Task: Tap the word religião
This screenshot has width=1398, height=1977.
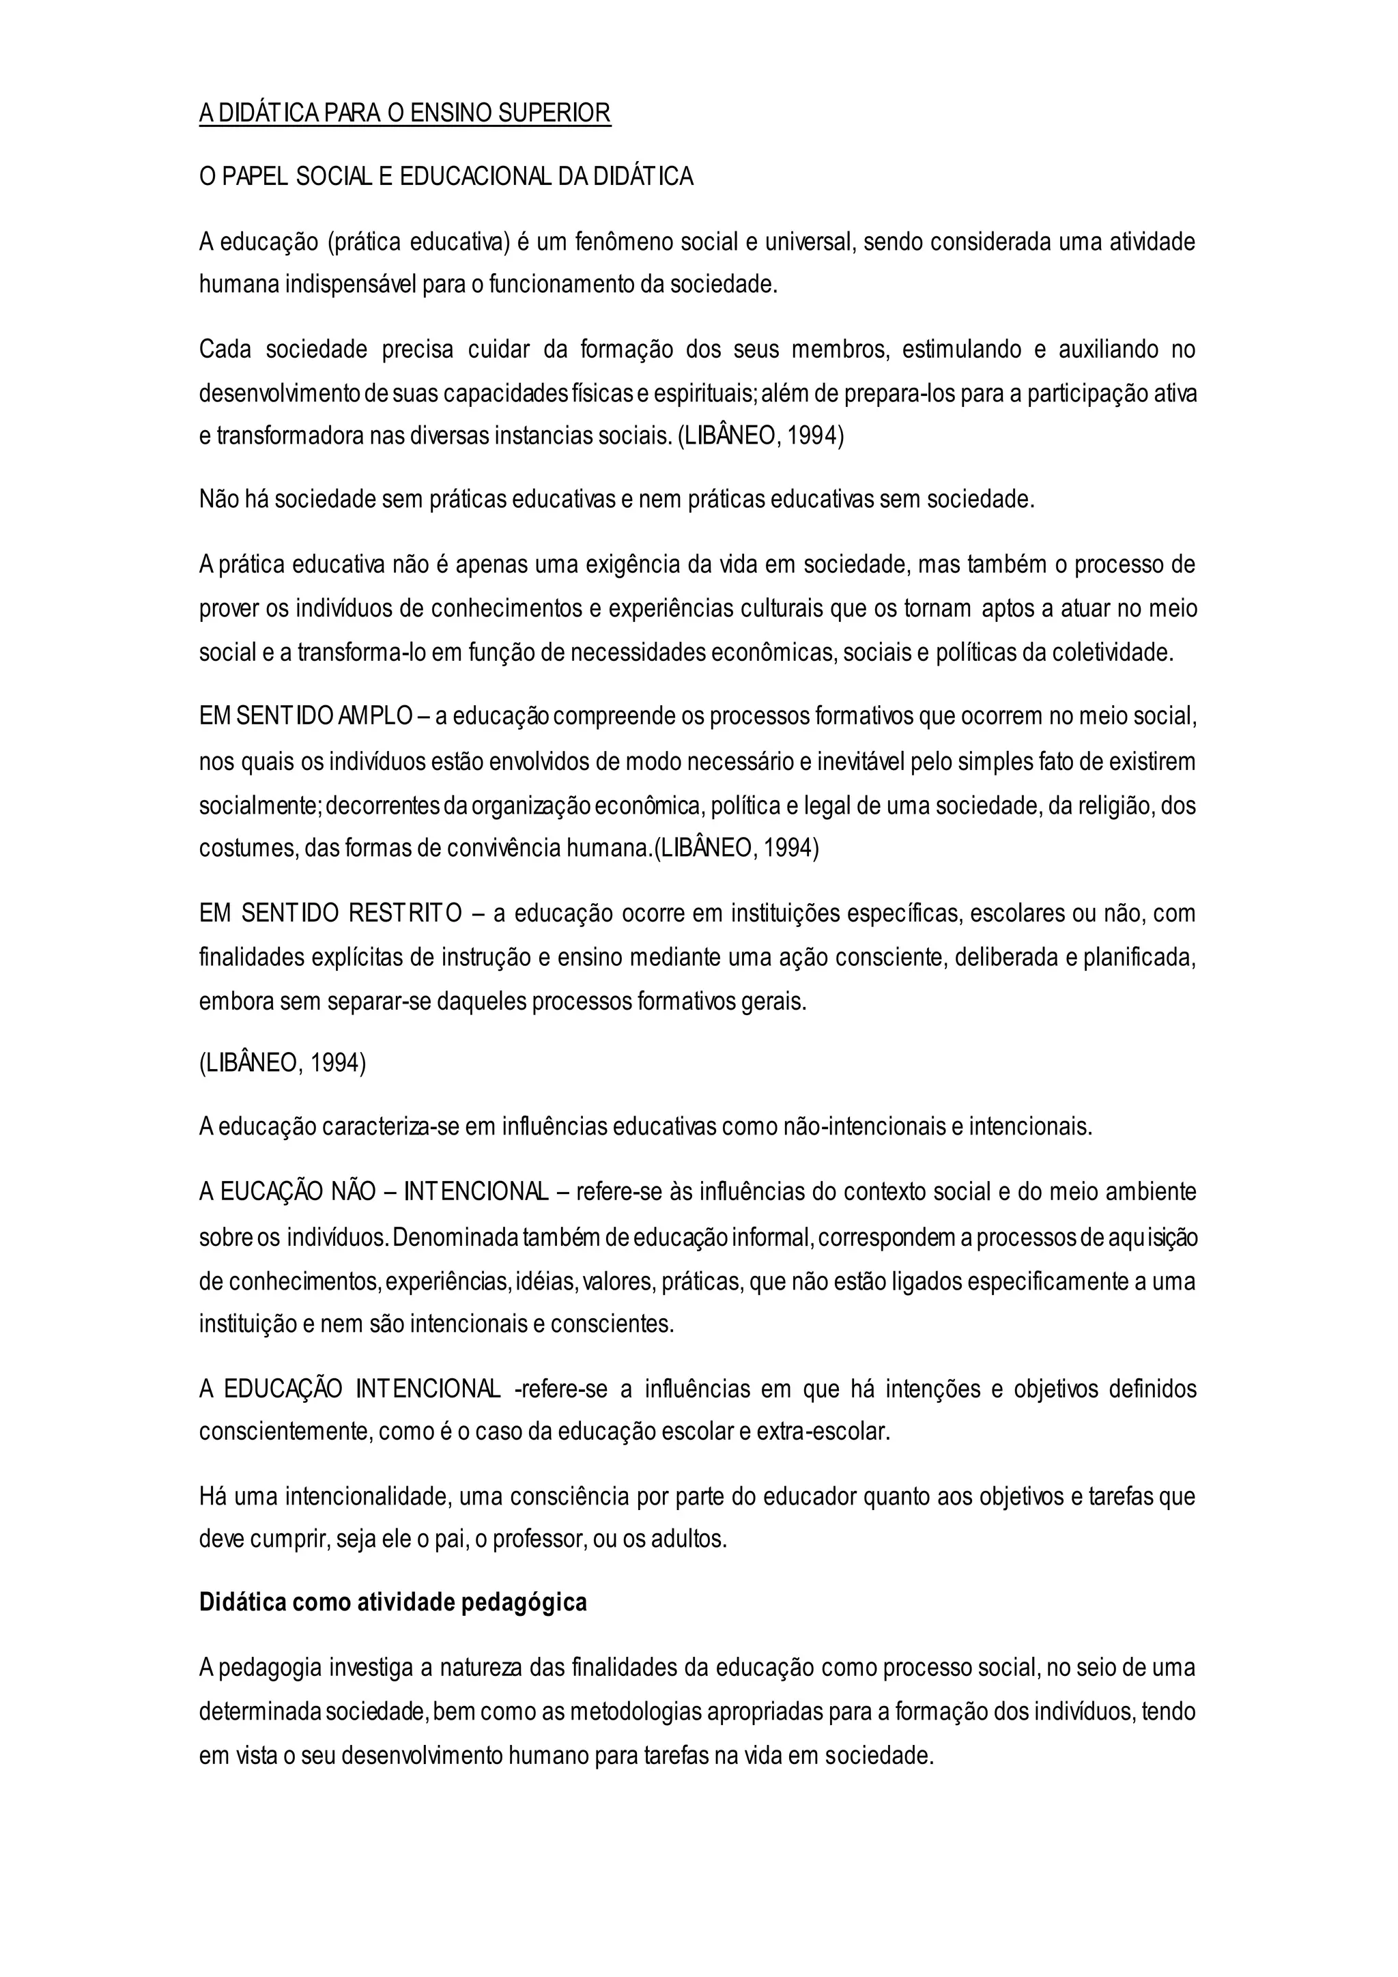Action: pyautogui.click(x=1088, y=806)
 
